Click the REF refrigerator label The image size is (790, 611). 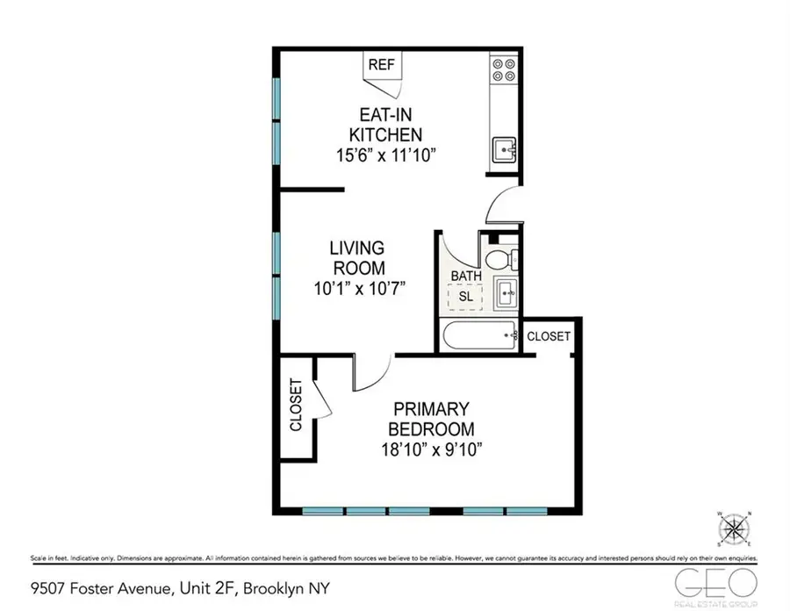[380, 64]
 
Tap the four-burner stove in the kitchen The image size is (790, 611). [504, 69]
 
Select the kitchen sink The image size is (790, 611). [504, 150]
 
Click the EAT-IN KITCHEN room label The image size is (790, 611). [386, 125]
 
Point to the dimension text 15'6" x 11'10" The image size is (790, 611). [387, 155]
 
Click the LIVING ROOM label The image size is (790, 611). [357, 258]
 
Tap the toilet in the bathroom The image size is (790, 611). [498, 260]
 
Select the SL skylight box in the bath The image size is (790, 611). [465, 297]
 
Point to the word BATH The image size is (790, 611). [465, 277]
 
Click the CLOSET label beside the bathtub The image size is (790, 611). [549, 336]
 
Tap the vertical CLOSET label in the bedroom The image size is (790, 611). [295, 405]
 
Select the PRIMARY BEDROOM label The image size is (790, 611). [431, 420]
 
